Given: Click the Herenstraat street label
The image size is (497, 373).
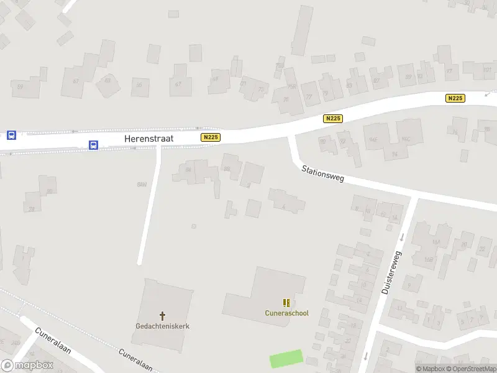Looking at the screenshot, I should [x=148, y=139].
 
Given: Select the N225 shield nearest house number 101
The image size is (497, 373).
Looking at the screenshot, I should [x=455, y=98].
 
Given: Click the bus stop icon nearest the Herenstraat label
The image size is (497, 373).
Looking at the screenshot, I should [x=93, y=145].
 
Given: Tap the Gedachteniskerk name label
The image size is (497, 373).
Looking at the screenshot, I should [x=163, y=326].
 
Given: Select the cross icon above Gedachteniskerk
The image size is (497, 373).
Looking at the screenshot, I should [x=163, y=316].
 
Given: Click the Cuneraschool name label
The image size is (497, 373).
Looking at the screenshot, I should [x=286, y=313].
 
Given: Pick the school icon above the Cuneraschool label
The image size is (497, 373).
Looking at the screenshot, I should [x=286, y=303].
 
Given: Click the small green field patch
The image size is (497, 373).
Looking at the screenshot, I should [x=286, y=359].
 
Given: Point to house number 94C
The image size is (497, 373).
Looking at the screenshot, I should [x=407, y=139].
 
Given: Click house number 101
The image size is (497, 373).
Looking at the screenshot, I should [x=487, y=70].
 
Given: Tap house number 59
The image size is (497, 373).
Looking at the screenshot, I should [x=21, y=86].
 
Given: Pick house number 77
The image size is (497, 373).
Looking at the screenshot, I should [x=309, y=96].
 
